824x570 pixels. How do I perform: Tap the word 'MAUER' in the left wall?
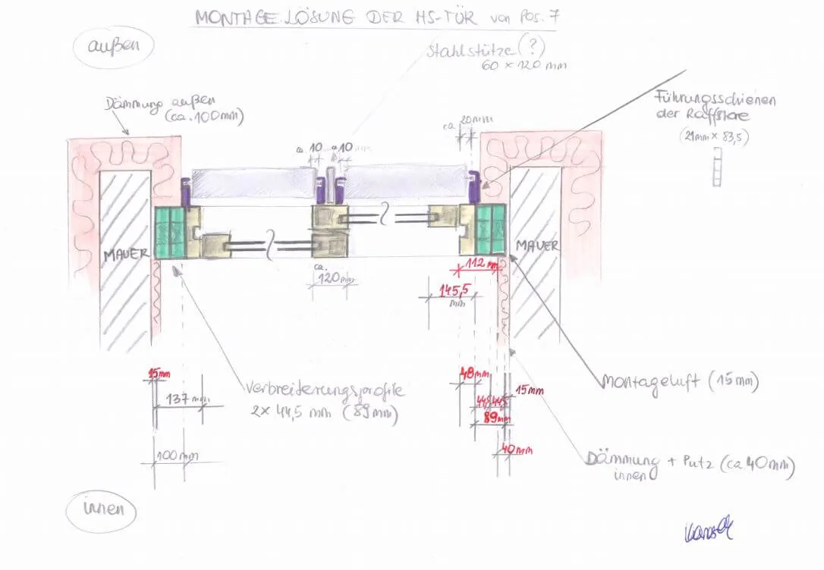pyautogui.click(x=126, y=255)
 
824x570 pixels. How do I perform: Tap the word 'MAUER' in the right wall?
pyautogui.click(x=537, y=246)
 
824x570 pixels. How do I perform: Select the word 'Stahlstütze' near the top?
pyautogui.click(x=463, y=52)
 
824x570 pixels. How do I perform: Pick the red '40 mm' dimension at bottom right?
pyautogui.click(x=516, y=449)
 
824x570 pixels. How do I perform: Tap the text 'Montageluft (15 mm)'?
pyautogui.click(x=679, y=381)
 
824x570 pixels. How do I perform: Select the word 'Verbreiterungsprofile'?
pyautogui.click(x=324, y=390)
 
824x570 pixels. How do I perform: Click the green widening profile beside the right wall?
pyautogui.click(x=492, y=229)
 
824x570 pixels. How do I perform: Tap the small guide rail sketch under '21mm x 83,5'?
pyautogui.click(x=716, y=167)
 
